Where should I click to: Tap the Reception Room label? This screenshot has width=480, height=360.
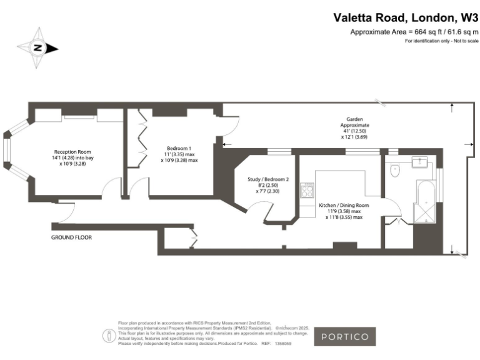(72, 152)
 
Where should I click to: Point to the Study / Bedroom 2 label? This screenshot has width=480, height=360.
(268, 179)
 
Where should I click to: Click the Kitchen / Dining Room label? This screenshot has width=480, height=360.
(344, 205)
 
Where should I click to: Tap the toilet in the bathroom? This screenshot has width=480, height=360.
(394, 171)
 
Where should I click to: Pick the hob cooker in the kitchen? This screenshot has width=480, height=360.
(307, 191)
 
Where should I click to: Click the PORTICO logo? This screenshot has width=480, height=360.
(344, 336)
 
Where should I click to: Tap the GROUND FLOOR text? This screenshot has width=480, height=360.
(72, 238)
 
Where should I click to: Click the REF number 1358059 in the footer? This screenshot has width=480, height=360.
(282, 344)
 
